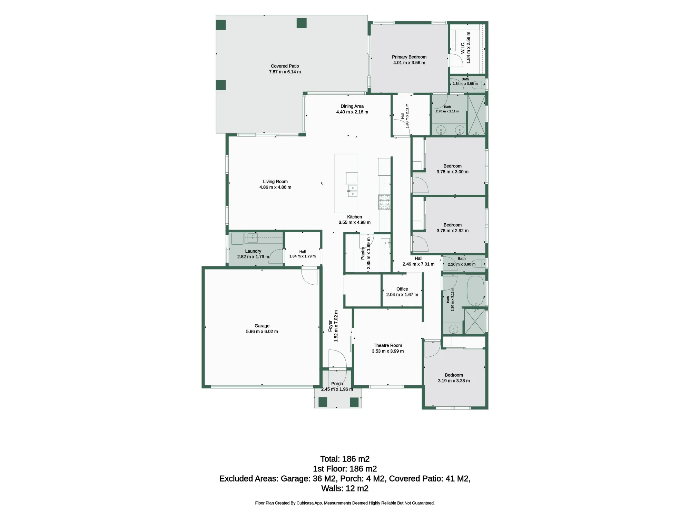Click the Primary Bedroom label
pyautogui.click(x=409, y=57)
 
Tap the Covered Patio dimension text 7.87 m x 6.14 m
pyautogui.click(x=285, y=72)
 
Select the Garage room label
pyautogui.click(x=262, y=326)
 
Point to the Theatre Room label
pyautogui.click(x=388, y=345)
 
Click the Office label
pyautogui.click(x=402, y=289)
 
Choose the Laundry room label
pyautogui.click(x=253, y=251)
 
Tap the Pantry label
pyautogui.click(x=363, y=253)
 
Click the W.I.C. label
pyautogui.click(x=463, y=48)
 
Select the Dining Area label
pyautogui.click(x=352, y=106)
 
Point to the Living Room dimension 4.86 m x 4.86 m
pyautogui.click(x=275, y=187)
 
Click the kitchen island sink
pyautogui.click(x=352, y=191)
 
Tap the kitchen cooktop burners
pyautogui.click(x=384, y=202)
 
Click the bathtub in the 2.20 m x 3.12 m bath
pyautogui.click(x=475, y=290)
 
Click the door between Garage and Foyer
pyautogui.click(x=309, y=276)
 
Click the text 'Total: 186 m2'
pyautogui.click(x=345, y=459)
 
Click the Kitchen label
pyautogui.click(x=355, y=217)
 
